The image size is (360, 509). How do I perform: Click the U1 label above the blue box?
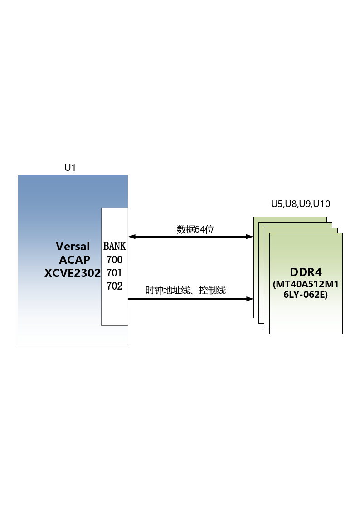point(70,168)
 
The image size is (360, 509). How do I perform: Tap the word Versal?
point(73,247)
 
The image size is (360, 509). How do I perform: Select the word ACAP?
point(74,260)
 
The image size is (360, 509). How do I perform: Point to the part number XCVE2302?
point(73,273)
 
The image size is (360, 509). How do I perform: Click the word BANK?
point(115,247)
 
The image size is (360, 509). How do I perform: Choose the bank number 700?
point(115,260)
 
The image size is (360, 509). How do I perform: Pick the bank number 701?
point(115,273)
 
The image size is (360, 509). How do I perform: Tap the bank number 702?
point(115,286)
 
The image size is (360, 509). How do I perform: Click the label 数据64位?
point(195,229)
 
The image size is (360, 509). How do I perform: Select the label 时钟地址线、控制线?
point(185,290)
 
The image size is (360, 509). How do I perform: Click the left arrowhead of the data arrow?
point(132,237)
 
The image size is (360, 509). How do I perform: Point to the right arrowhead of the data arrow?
point(250,237)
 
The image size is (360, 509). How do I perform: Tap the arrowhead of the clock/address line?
point(250,299)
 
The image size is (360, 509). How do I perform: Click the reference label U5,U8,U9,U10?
point(301,204)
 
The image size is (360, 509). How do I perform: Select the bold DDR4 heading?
point(306,272)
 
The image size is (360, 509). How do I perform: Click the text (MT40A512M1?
point(306,284)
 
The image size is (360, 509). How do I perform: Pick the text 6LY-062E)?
point(306,295)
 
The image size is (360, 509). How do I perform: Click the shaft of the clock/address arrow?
point(191,299)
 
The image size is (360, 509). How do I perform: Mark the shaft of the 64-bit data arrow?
point(191,237)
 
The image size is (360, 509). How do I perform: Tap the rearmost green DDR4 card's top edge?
point(290,217)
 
